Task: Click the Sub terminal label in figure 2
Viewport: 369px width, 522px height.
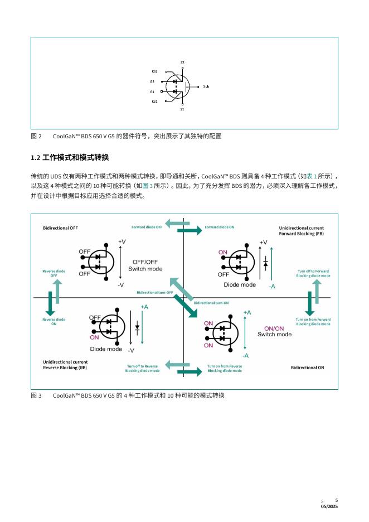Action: (206, 86)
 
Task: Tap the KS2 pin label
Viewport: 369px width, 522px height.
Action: (154, 71)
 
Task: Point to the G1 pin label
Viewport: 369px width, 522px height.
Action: (152, 92)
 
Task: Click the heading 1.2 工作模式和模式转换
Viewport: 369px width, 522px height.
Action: (70, 157)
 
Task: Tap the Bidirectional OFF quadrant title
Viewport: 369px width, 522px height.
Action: (60, 228)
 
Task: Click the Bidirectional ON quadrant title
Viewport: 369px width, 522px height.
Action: (308, 368)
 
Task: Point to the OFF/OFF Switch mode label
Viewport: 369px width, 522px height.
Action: (145, 265)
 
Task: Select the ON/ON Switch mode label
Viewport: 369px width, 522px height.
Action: (274, 331)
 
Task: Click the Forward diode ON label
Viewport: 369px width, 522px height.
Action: (219, 227)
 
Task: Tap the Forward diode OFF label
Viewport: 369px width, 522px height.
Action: (147, 227)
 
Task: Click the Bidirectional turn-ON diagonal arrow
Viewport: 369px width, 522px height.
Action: (186, 306)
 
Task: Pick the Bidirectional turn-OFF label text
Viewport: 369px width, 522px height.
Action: (155, 293)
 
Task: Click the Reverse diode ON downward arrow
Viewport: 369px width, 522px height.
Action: (50, 303)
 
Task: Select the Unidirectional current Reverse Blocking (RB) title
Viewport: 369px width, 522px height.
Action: (65, 365)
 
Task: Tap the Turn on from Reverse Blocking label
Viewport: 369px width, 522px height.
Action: (225, 368)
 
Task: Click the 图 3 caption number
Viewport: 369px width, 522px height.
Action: (36, 395)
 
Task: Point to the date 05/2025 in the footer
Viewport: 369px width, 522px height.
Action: (329, 506)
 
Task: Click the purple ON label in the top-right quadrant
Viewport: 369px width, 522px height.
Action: (222, 252)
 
